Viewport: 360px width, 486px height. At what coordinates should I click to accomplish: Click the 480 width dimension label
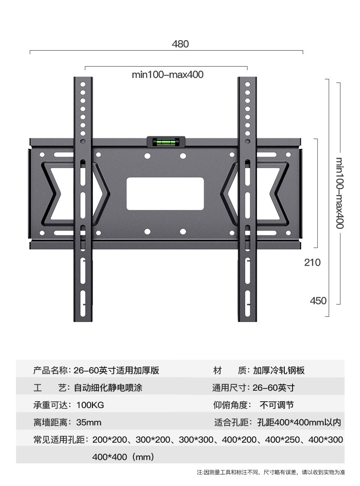point(180,44)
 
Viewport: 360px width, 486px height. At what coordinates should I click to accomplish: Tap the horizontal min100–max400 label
point(167,75)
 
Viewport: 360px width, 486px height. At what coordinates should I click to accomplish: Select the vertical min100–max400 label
point(339,193)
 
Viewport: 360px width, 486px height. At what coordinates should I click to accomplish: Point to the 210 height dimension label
point(313,263)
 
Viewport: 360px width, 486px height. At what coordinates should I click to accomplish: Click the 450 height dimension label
point(318,301)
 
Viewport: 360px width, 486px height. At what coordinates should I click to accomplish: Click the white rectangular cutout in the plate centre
point(165,194)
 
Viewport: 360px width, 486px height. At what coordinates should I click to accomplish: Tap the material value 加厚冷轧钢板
point(279,370)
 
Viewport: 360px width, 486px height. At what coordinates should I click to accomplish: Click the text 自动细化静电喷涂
point(108,388)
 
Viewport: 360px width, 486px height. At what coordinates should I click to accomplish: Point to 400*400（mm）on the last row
point(123,456)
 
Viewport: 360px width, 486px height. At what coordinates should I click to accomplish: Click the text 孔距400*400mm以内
point(298,423)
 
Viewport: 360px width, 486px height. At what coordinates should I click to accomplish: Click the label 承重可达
point(49,405)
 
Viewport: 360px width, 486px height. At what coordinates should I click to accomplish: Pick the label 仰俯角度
point(231,405)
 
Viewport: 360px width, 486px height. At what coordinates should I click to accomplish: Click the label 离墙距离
point(49,423)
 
